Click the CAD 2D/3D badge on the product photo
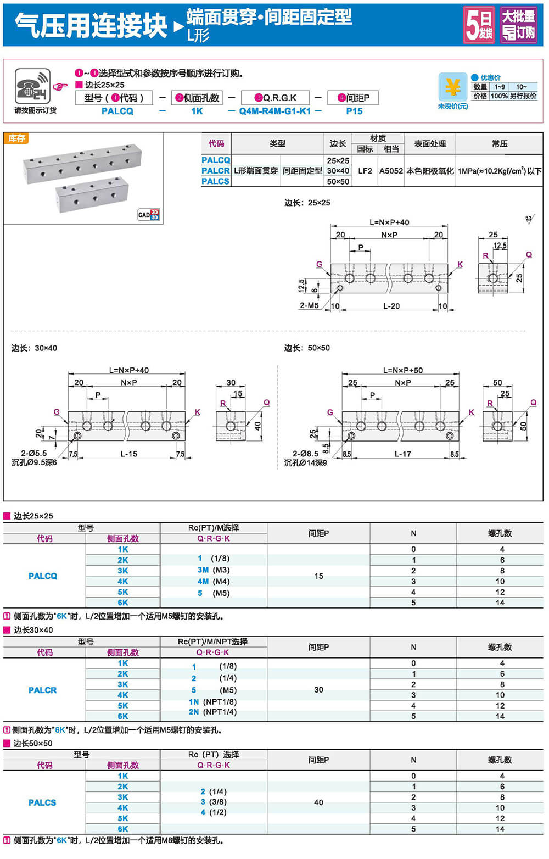[148, 214]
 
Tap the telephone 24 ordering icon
[32, 86]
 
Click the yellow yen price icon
[452, 87]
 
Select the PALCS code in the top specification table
[215, 181]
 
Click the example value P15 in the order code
[354, 111]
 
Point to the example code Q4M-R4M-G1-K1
[274, 111]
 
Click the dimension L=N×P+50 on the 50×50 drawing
[402, 370]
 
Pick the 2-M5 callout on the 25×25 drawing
[309, 305]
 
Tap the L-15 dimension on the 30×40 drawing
[129, 454]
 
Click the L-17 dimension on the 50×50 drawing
[402, 454]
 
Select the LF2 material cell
[365, 171]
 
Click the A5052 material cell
[391, 171]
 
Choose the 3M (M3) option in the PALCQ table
[214, 570]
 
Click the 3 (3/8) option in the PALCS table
[214, 802]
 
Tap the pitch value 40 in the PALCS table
[318, 802]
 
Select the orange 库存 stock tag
[16, 138]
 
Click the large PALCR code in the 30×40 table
[43, 690]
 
